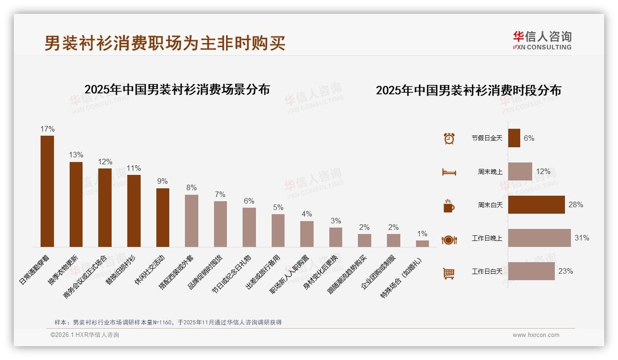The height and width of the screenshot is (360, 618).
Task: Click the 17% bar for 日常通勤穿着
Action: (47, 191)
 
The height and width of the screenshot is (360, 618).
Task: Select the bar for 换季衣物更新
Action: (76, 204)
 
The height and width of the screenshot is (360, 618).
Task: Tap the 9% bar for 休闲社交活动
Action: (163, 217)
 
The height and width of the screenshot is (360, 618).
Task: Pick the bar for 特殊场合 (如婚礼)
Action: (422, 244)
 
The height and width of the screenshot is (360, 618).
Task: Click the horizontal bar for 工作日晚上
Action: (539, 238)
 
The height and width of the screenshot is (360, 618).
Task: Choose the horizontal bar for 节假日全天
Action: (514, 138)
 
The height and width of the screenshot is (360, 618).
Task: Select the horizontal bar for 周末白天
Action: (536, 205)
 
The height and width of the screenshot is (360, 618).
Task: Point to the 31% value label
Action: (582, 238)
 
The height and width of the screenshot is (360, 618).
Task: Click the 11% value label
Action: (134, 168)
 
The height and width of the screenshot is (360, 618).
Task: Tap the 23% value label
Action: (565, 271)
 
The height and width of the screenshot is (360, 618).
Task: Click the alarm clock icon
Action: (449, 138)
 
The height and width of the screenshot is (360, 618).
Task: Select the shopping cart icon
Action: (449, 274)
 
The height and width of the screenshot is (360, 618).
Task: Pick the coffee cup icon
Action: (449, 206)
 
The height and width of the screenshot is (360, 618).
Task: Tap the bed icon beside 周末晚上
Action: (449, 172)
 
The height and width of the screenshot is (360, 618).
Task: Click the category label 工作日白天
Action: (487, 271)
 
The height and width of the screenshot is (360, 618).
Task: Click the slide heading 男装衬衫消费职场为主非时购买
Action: (165, 43)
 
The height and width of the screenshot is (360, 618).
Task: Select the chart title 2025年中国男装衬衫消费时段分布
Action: (468, 90)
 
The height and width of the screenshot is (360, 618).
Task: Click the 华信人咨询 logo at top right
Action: (542, 40)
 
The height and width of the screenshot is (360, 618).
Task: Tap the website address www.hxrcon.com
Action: (535, 335)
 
